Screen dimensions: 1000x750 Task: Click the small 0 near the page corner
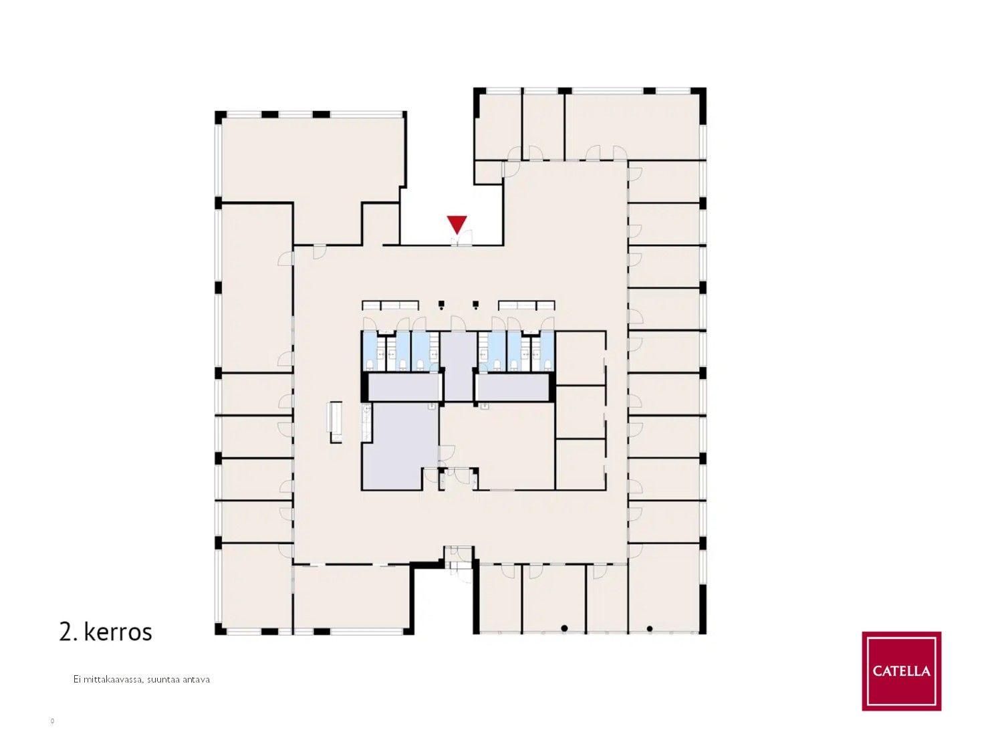click(x=52, y=721)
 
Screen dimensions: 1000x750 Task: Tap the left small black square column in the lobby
click(x=441, y=303)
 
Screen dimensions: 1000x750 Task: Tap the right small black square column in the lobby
click(x=476, y=303)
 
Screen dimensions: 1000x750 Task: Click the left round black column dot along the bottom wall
click(x=564, y=628)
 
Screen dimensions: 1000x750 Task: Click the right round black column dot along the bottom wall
click(x=650, y=628)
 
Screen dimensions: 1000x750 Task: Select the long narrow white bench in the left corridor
click(x=336, y=421)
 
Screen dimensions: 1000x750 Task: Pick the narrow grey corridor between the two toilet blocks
click(x=458, y=366)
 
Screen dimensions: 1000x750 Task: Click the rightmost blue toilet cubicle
click(x=547, y=351)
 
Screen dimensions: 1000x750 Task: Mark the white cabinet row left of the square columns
click(x=390, y=305)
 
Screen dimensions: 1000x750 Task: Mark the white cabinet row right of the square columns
click(x=526, y=305)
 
